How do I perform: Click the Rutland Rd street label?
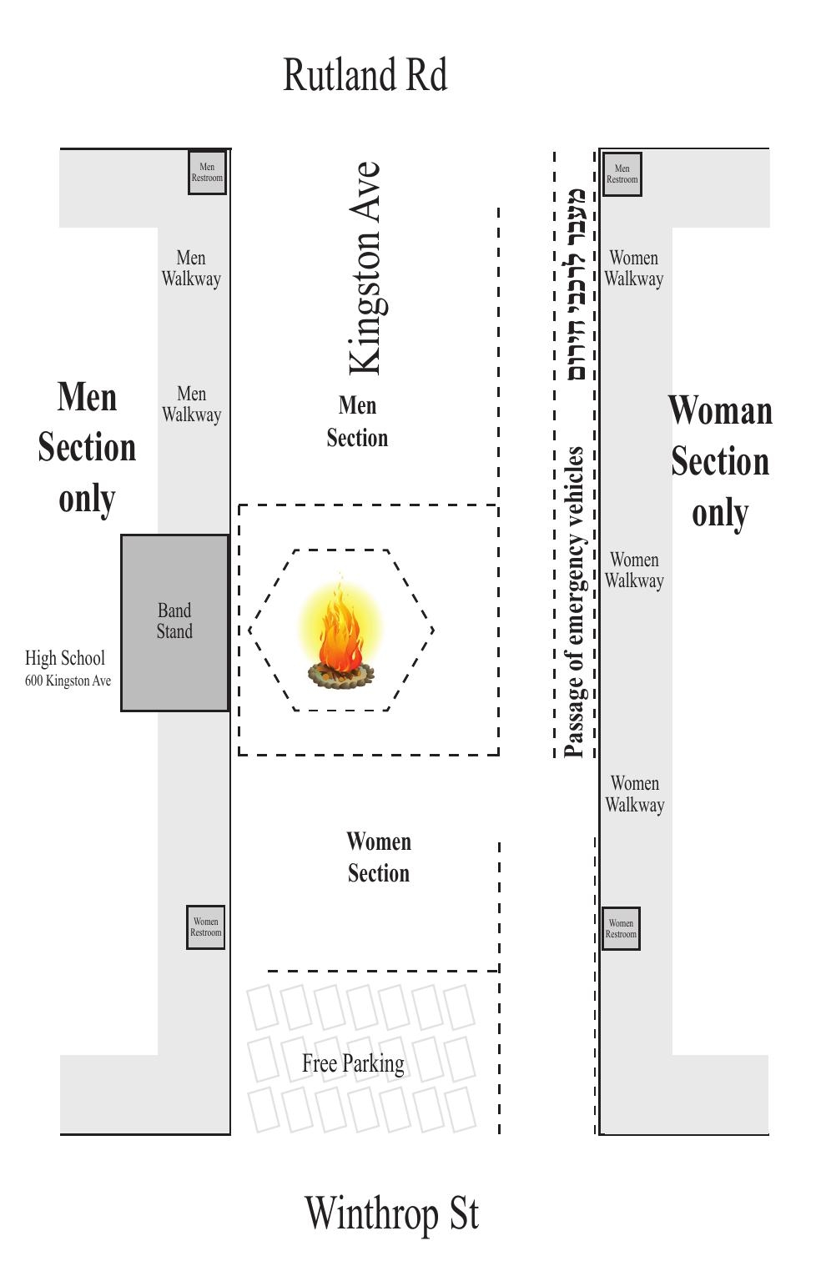[x=365, y=74]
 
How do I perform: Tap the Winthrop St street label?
[x=391, y=1213]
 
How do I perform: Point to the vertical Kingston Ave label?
[x=365, y=268]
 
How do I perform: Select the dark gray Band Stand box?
[x=175, y=623]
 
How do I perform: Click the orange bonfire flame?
[x=341, y=624]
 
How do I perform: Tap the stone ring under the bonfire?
[x=341, y=676]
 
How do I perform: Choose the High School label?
[x=65, y=659]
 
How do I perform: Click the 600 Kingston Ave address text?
[x=68, y=681]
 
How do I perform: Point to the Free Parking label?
[x=354, y=1063]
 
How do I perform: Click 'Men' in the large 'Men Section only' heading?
[x=88, y=396]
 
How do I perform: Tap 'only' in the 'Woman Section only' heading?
[x=720, y=514]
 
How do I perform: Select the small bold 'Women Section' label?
[x=379, y=857]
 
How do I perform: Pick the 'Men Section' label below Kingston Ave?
[x=357, y=422]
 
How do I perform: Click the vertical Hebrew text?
[x=576, y=284]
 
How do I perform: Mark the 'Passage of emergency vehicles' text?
[x=573, y=602]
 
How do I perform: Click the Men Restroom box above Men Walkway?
[x=208, y=173]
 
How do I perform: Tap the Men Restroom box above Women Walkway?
[x=622, y=173]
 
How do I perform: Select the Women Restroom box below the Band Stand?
[x=206, y=927]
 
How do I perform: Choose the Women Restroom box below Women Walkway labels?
[x=621, y=928]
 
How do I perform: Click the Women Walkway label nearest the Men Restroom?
[x=634, y=269]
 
